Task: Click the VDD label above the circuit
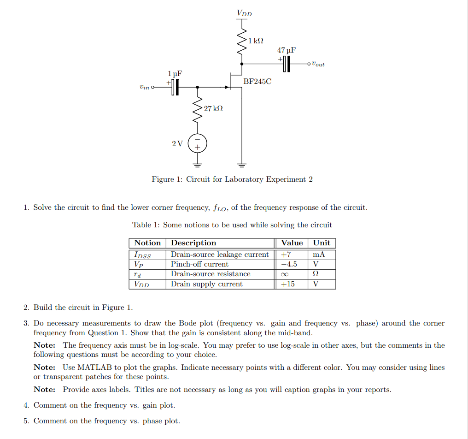point(244,13)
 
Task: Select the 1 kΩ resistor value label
point(256,41)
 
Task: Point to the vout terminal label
point(318,64)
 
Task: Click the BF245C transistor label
point(257,82)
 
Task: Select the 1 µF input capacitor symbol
point(175,87)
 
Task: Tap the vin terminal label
point(144,87)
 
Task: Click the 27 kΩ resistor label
point(213,109)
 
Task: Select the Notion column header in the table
point(147,243)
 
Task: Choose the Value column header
point(292,243)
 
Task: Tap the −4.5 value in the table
point(289,264)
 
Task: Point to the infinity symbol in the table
point(286,274)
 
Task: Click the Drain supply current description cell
point(206,284)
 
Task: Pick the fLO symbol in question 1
point(220,208)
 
